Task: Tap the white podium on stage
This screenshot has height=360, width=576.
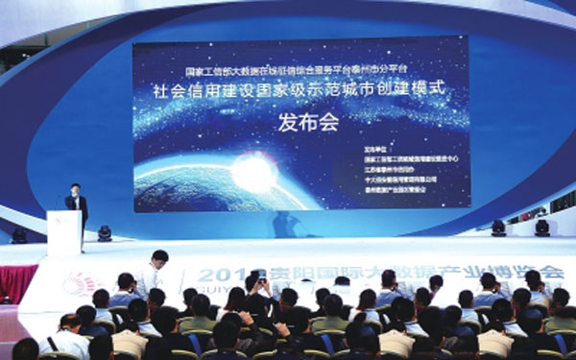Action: (x=65, y=232)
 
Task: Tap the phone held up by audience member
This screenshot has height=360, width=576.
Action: (x=257, y=280)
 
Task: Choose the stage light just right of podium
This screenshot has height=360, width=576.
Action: (x=104, y=232)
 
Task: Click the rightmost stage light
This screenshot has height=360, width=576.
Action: (x=542, y=228)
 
